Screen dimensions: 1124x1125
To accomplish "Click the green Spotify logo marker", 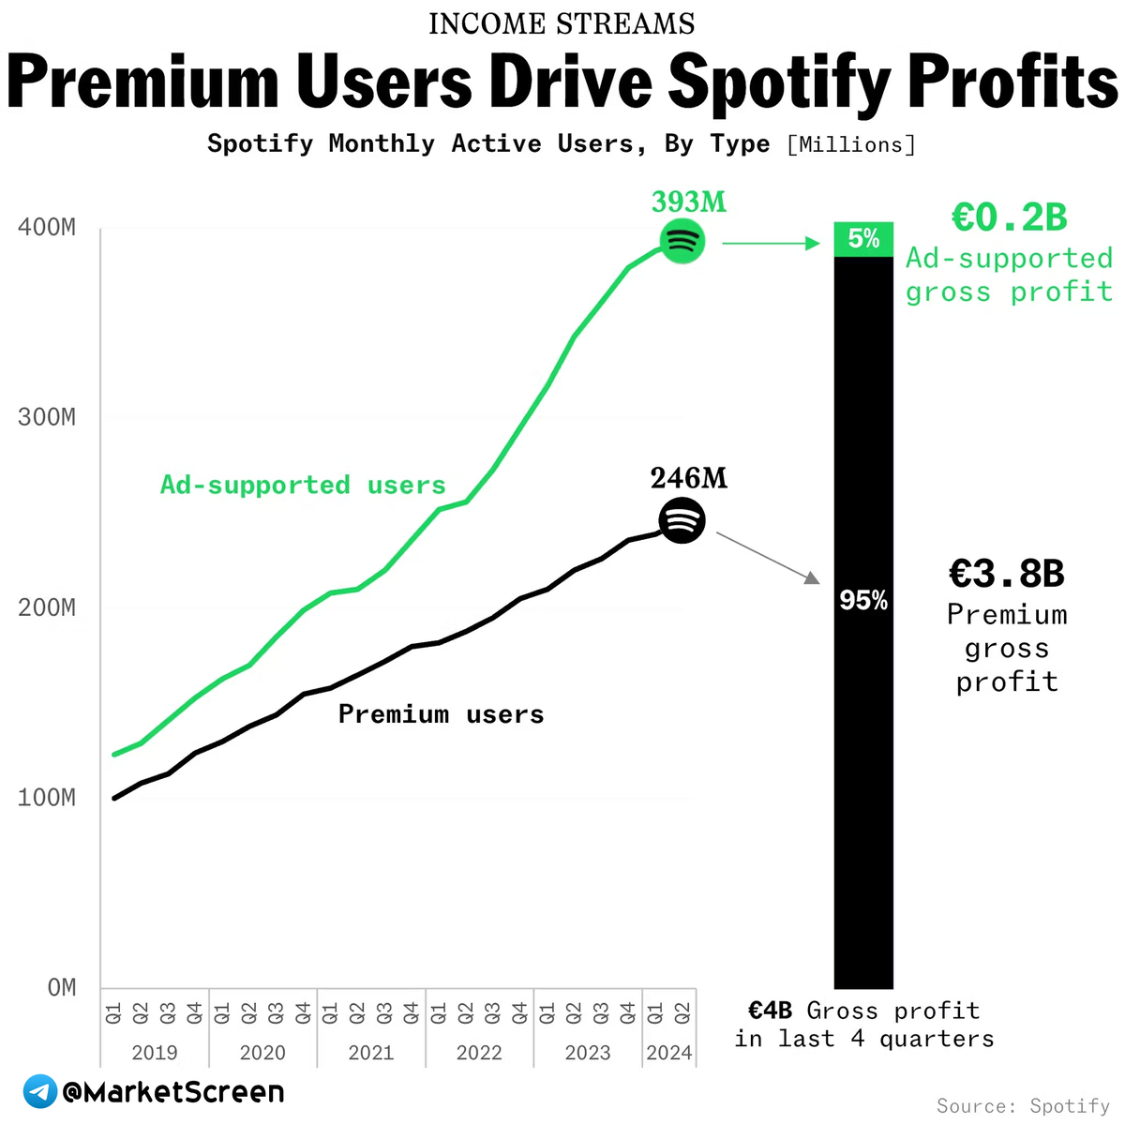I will click(682, 242).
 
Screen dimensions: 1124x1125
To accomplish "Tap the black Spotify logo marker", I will click(682, 519).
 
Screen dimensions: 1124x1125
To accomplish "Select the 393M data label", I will click(689, 202).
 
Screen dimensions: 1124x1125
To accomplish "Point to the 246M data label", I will click(689, 478).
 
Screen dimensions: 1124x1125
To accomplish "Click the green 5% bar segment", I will click(863, 239).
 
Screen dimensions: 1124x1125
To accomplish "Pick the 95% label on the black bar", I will click(863, 601).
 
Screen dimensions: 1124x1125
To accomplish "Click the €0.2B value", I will click(1010, 217).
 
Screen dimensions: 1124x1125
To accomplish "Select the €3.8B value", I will click(1007, 574).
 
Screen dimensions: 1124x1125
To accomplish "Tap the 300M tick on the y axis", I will click(47, 417).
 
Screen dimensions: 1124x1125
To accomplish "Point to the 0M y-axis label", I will click(62, 987).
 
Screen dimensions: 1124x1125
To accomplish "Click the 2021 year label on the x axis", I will click(371, 1053).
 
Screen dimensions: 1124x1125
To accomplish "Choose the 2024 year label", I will click(669, 1053).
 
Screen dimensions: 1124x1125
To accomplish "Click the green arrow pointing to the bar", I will click(771, 244).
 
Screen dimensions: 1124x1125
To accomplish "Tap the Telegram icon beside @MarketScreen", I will click(40, 1092).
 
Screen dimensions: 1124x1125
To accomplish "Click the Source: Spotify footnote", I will click(1024, 1106).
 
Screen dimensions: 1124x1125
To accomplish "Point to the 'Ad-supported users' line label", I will click(303, 485).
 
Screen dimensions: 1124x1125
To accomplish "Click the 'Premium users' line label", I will click(441, 714).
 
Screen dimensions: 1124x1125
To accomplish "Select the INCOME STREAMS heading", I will click(562, 23).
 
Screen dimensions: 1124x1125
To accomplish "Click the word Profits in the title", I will click(1012, 82).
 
